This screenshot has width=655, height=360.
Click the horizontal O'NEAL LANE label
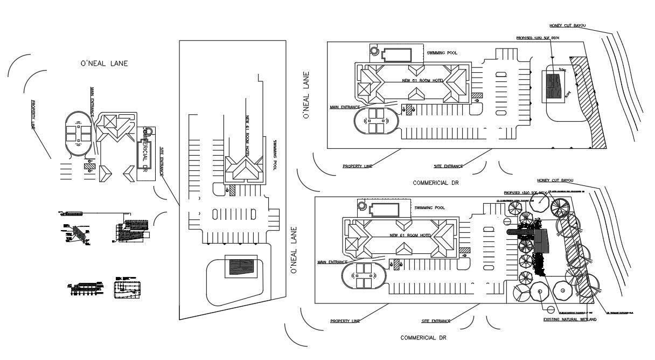click(104, 64)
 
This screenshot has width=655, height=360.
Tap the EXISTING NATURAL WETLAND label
click(570, 320)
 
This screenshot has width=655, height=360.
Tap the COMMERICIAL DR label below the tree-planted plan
click(423, 338)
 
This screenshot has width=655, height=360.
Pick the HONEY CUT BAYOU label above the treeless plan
click(567, 25)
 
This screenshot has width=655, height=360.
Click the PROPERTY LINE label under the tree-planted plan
click(345, 321)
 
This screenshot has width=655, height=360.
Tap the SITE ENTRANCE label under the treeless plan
click(448, 166)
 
